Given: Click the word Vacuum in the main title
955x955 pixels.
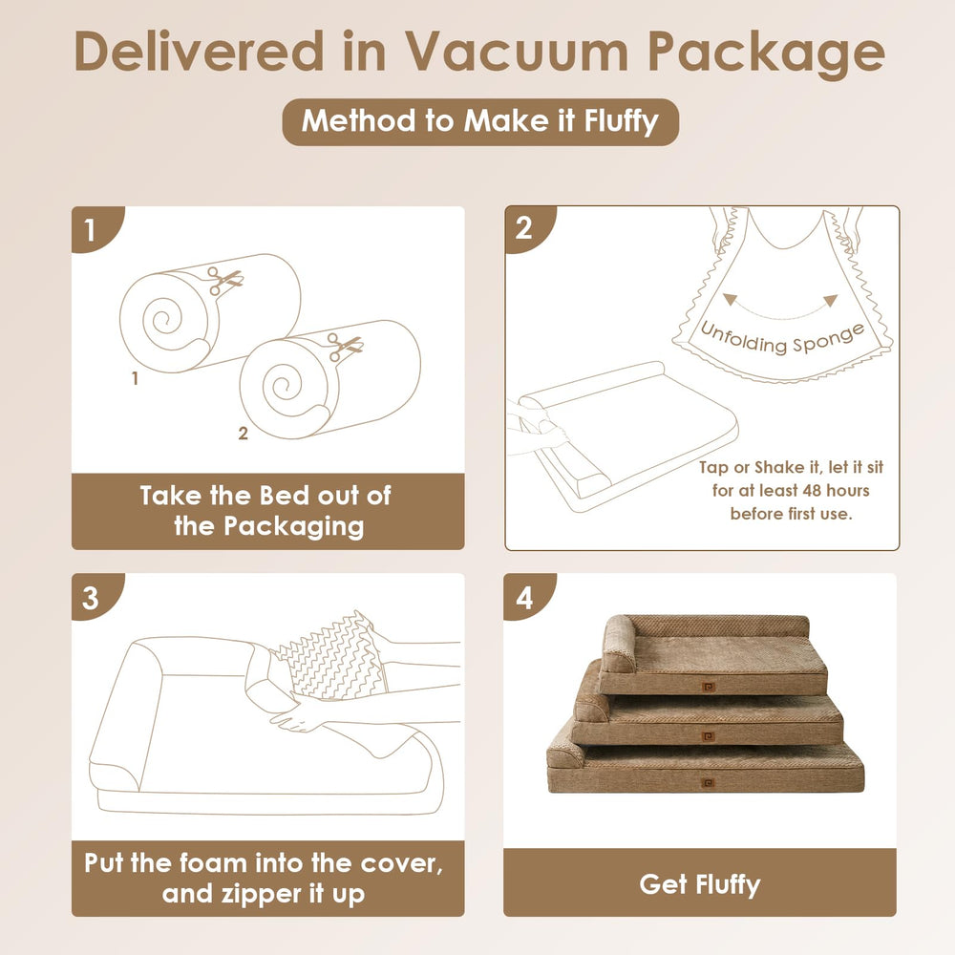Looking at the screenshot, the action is (x=517, y=52).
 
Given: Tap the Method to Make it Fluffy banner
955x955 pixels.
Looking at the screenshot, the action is (x=480, y=121).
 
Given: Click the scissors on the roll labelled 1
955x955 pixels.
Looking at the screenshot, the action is (x=224, y=281).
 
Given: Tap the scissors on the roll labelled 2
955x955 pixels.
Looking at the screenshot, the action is (x=344, y=348).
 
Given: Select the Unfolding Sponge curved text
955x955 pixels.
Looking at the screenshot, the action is (x=783, y=338).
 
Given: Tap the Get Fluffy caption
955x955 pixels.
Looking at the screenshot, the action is (x=700, y=883).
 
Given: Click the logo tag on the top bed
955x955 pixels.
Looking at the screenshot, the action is (x=707, y=687).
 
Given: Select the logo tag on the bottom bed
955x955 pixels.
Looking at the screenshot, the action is (x=707, y=783).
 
